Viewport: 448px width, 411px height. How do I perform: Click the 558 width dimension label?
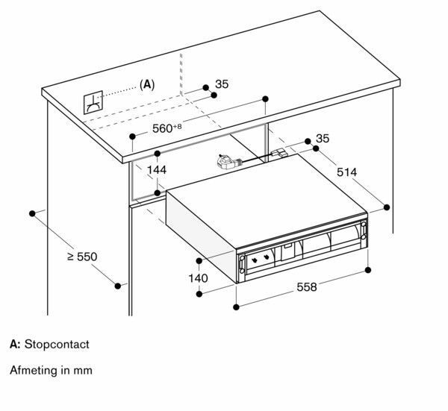click(307, 287)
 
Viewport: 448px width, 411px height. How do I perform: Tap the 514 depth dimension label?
click(347, 172)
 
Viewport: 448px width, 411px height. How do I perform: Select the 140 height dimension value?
click(198, 278)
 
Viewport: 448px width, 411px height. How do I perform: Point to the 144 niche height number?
click(157, 170)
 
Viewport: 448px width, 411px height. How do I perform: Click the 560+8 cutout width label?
click(167, 128)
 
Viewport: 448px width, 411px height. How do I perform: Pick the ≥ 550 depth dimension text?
click(82, 257)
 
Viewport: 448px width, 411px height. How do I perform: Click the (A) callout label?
click(147, 84)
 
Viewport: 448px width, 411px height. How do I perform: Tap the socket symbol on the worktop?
click(93, 102)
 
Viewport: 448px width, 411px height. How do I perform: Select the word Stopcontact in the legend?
click(57, 344)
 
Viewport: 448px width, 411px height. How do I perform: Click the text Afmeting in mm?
click(51, 370)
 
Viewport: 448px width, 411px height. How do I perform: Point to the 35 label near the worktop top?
click(222, 84)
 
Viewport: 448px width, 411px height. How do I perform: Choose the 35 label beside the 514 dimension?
click(323, 139)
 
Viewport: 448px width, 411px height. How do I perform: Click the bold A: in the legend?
click(15, 344)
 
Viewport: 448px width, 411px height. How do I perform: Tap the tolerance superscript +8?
click(177, 126)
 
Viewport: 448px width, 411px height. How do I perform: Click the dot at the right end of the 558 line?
click(368, 270)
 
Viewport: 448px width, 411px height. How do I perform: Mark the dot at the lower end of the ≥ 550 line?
click(118, 286)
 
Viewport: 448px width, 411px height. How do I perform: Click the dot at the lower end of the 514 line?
click(387, 207)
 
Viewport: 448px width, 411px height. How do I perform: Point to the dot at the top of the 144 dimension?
click(158, 154)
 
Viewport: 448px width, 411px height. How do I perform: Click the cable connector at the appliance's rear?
click(279, 152)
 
